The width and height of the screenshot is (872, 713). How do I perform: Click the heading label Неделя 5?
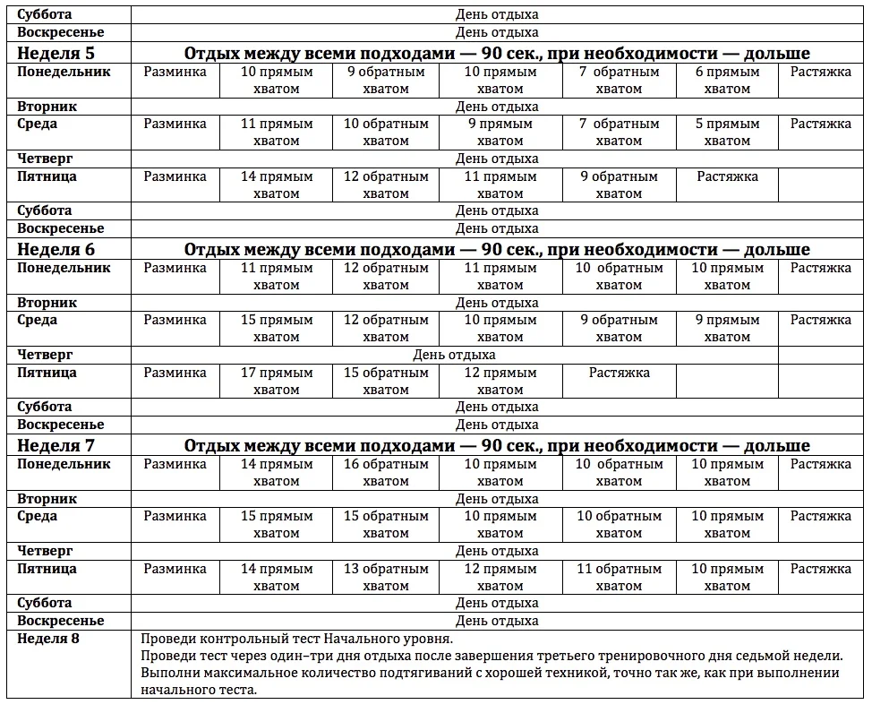(56, 54)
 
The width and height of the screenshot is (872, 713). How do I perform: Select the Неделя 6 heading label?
(56, 250)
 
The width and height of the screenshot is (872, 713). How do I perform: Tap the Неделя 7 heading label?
(56, 446)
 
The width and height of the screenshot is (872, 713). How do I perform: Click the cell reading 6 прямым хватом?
(727, 81)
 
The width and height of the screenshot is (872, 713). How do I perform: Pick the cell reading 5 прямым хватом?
(727, 133)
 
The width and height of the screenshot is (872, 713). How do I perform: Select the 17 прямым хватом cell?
(277, 382)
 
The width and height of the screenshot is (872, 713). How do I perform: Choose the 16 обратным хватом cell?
(386, 473)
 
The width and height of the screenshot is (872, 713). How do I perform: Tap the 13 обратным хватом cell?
(386, 578)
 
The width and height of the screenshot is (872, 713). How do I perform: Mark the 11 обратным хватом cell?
(619, 578)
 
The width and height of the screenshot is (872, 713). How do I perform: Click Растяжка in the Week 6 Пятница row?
(619, 373)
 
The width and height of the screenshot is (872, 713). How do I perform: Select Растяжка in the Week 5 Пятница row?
(727, 176)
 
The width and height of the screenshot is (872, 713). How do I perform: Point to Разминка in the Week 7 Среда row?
(175, 516)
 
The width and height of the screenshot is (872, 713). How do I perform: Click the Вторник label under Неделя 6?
(47, 303)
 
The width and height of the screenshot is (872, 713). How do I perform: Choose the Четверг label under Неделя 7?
(46, 551)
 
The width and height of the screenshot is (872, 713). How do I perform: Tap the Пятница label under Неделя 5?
(47, 176)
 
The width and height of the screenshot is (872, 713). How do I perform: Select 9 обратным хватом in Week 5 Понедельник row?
(386, 81)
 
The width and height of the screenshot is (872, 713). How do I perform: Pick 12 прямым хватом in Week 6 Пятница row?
(500, 382)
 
